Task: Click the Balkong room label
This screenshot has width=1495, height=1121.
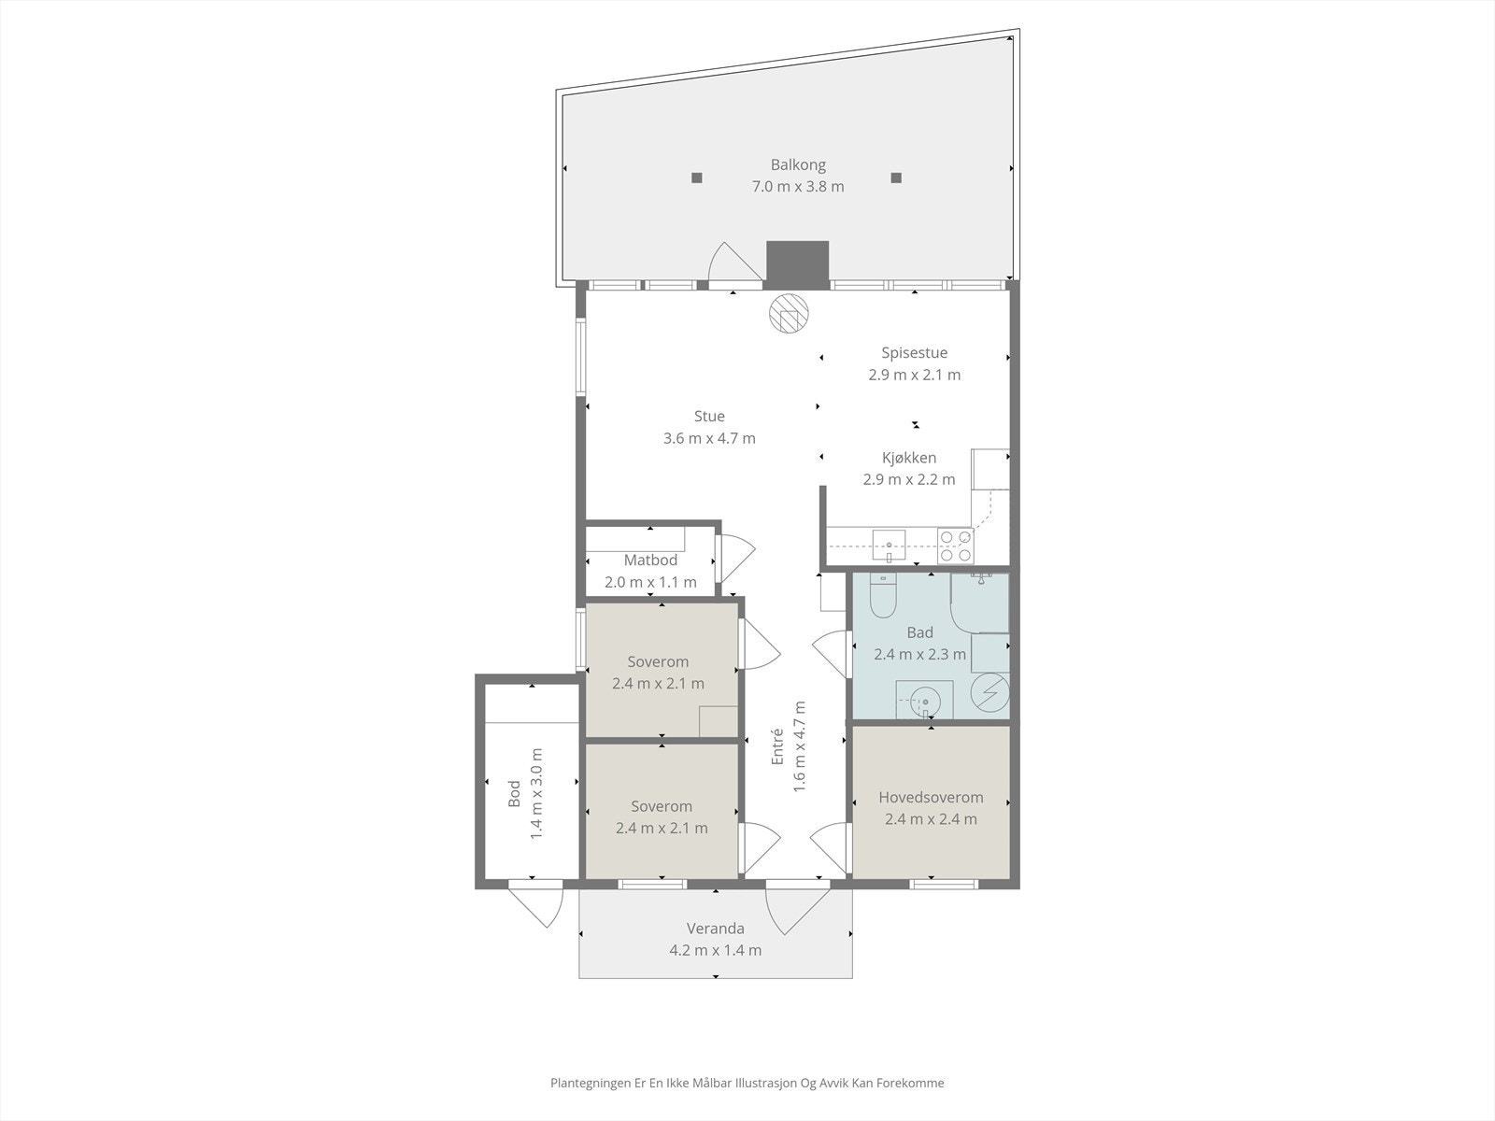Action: point(798,165)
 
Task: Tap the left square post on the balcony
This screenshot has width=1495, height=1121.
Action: point(697,177)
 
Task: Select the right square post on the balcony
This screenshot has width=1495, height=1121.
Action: point(896,177)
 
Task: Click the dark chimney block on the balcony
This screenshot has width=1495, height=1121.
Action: point(797,262)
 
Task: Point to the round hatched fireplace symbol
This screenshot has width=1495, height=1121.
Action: point(787,313)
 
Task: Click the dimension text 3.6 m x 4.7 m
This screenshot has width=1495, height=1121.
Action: point(709,438)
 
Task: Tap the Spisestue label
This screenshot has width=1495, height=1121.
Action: point(914,353)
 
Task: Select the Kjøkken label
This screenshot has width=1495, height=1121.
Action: point(908,458)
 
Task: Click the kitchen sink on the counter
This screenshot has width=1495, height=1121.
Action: point(890,541)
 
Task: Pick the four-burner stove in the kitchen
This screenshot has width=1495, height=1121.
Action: point(955,546)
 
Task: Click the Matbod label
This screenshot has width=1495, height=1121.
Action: point(650,560)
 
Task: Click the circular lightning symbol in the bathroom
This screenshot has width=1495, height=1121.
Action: point(990,692)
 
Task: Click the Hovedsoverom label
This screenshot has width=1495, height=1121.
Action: point(931,798)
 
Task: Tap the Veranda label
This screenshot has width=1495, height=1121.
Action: point(715,929)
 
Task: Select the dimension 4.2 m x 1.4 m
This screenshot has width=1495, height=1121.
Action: point(715,950)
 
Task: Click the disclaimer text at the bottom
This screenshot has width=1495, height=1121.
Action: point(747,1084)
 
